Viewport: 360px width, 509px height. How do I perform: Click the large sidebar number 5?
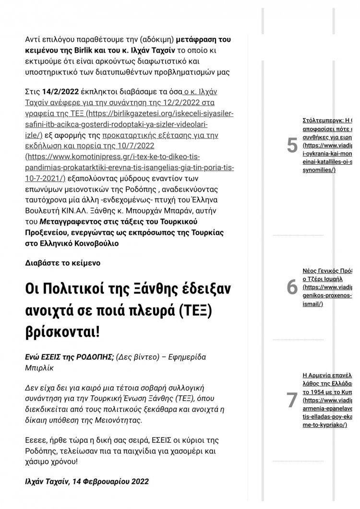[292, 145]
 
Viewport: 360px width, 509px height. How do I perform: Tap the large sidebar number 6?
[292, 287]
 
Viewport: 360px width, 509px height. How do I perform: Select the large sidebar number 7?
[292, 400]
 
